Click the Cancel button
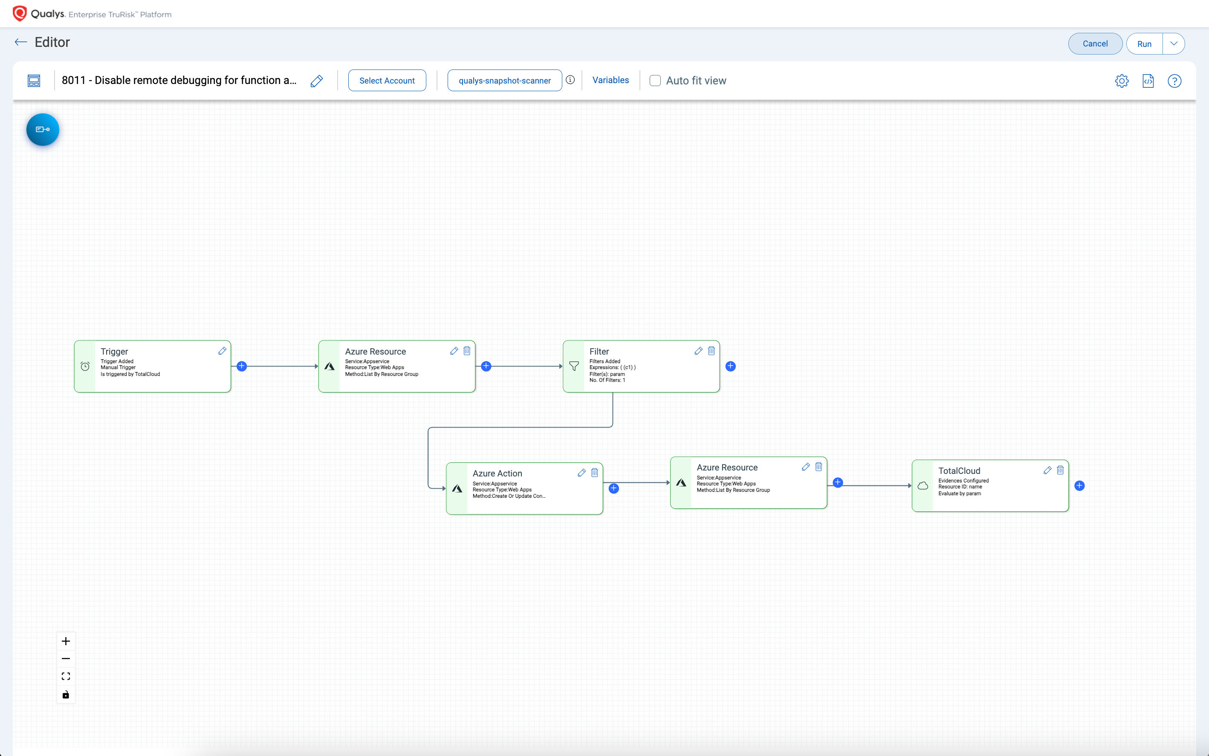point(1095,43)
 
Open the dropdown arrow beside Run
point(1174,43)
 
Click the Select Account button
point(387,81)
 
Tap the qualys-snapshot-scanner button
point(504,81)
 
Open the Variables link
point(610,80)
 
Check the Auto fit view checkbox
point(655,81)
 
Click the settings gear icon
point(1122,81)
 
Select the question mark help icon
point(1174,81)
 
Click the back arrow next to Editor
point(20,42)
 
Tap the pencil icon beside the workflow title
point(317,81)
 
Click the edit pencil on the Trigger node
point(222,351)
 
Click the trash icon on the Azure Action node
point(594,473)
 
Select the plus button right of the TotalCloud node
point(1079,485)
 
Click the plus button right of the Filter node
point(730,366)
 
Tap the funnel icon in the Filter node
point(574,366)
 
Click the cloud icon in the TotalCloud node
point(923,485)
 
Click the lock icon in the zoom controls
point(66,695)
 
